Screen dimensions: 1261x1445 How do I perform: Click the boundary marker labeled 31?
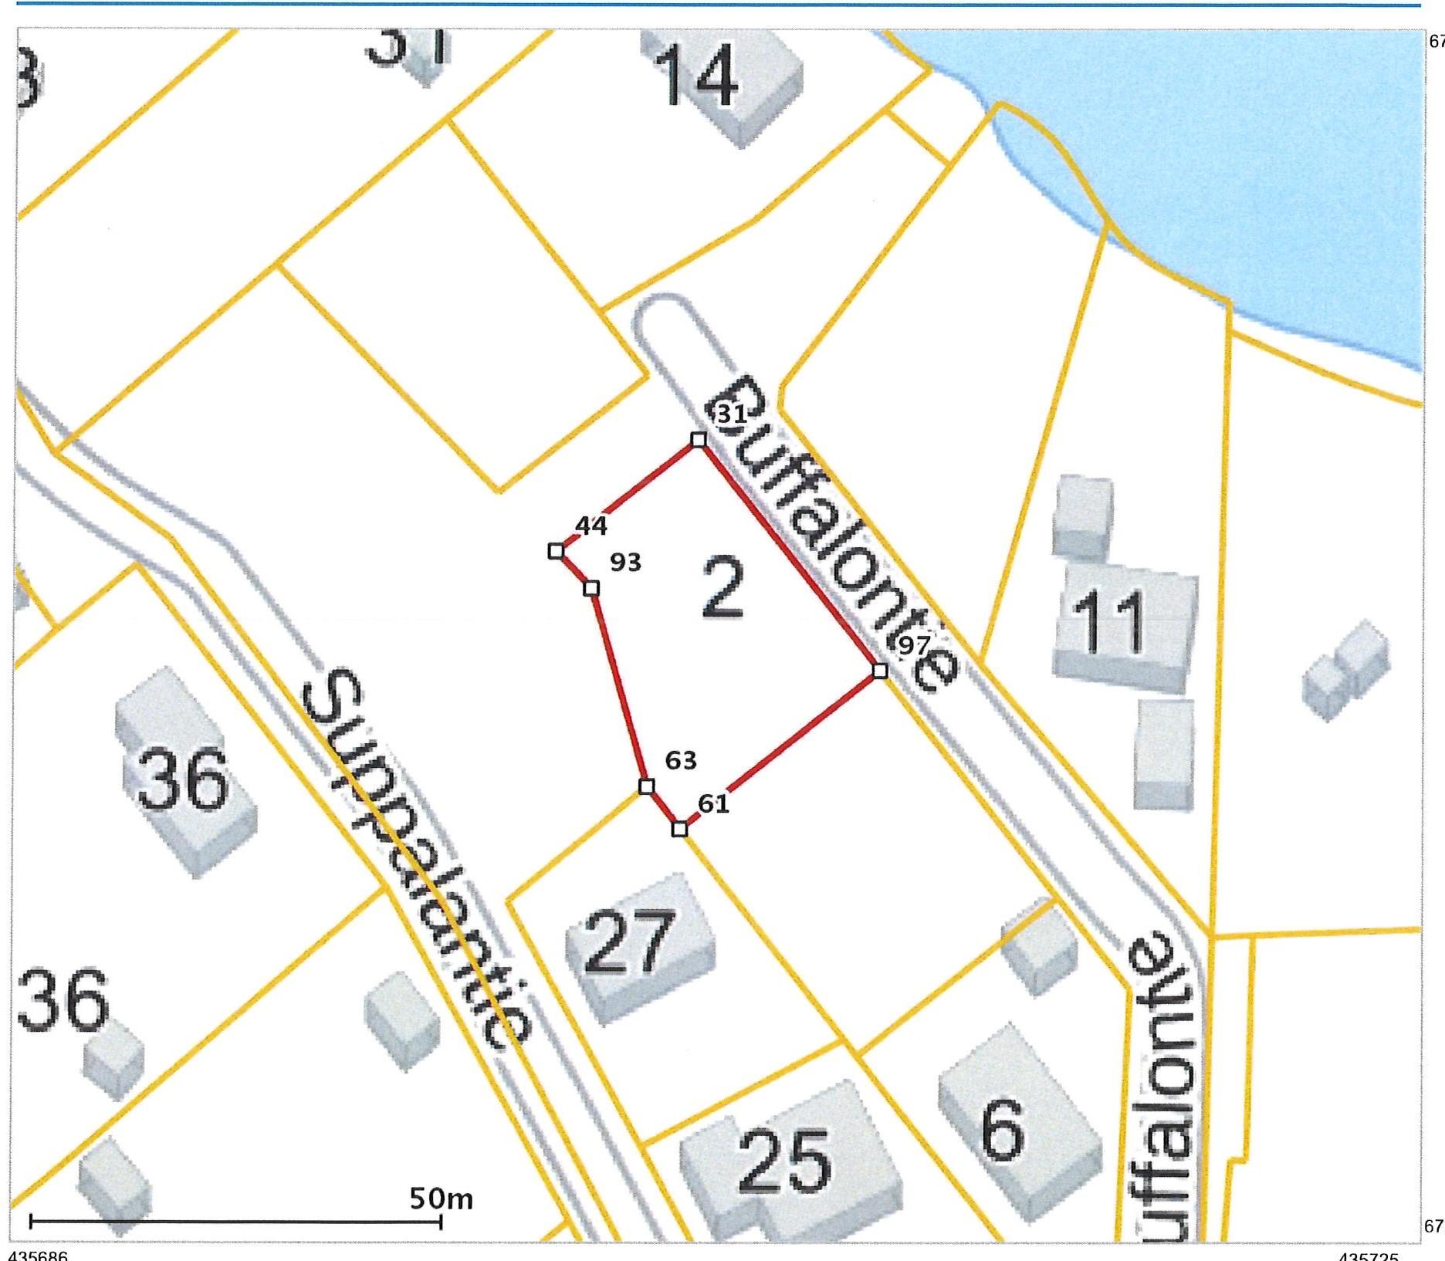click(698, 439)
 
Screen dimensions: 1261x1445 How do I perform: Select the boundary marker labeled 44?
click(555, 551)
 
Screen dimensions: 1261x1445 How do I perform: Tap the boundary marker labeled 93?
click(591, 588)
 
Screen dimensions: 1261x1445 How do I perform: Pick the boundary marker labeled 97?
click(879, 671)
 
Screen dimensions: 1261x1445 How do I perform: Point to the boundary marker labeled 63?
click(647, 786)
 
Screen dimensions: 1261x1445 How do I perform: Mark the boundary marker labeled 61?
click(679, 829)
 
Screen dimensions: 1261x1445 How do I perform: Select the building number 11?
click(1112, 621)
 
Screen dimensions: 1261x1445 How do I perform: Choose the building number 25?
click(785, 1161)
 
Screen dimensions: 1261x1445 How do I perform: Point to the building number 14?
click(699, 76)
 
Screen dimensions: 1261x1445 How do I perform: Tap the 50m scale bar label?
click(441, 1198)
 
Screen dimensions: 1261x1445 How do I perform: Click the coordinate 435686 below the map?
click(39, 1255)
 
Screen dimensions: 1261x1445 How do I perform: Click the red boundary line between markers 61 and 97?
click(780, 750)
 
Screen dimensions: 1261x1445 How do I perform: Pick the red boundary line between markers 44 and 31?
click(627, 495)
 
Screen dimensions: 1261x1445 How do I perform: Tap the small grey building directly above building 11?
click(1083, 516)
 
